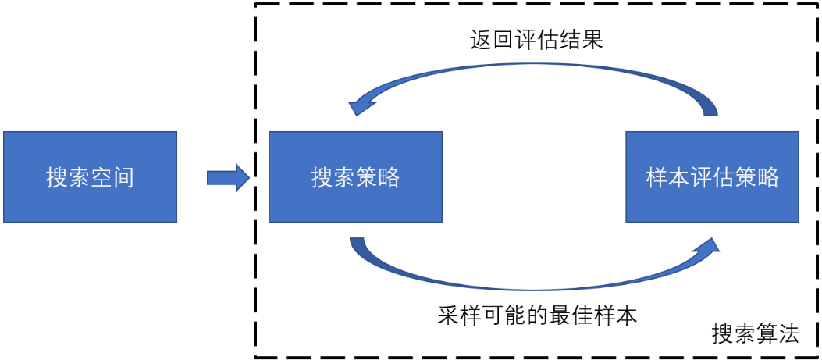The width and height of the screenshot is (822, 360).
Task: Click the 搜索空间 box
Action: (x=90, y=177)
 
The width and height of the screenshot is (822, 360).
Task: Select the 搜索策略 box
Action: (x=355, y=177)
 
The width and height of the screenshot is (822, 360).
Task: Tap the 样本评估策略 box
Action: (x=712, y=177)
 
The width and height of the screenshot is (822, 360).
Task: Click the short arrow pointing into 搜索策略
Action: (x=227, y=178)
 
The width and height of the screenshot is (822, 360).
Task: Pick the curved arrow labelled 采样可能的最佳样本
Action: (x=531, y=283)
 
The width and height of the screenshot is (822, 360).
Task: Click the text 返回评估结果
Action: (x=536, y=40)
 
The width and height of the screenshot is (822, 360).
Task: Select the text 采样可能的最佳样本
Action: (x=538, y=315)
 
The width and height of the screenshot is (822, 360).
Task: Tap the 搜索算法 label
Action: (x=756, y=334)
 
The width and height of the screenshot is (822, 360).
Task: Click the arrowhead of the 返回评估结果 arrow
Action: (x=361, y=102)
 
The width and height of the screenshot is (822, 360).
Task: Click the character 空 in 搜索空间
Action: (x=101, y=177)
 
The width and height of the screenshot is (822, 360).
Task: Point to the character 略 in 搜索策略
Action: (x=389, y=177)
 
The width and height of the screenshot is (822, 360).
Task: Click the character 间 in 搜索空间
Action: (x=123, y=177)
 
